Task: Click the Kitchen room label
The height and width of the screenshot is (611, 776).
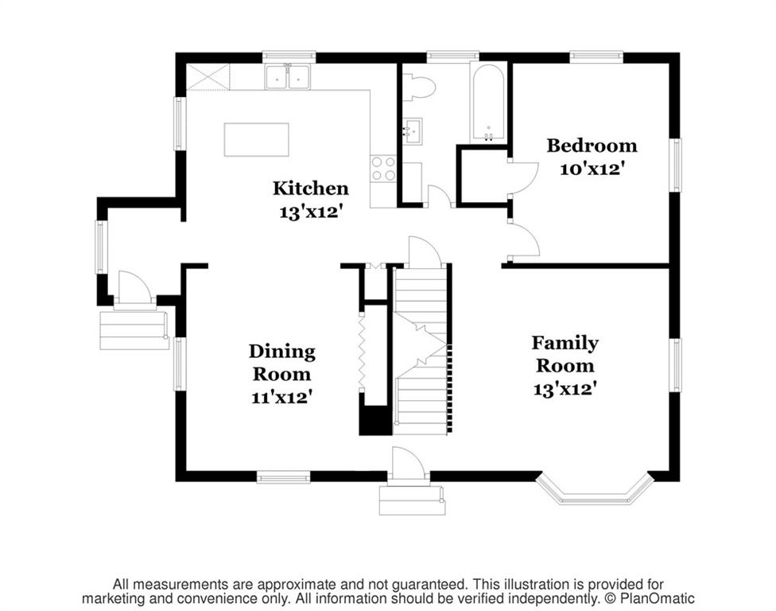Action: point(311,188)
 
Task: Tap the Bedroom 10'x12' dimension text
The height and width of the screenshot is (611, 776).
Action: point(591,169)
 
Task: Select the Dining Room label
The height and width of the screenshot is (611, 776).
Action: point(281,363)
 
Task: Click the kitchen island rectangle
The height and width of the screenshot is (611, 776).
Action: point(256,140)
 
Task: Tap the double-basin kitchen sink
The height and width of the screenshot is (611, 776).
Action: point(288,77)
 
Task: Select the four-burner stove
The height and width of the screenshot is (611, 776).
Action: point(383,169)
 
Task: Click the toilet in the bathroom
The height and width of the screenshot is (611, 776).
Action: point(418,88)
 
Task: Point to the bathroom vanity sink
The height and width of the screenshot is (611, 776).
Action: point(412,131)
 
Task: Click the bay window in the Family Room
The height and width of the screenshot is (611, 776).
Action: point(593,491)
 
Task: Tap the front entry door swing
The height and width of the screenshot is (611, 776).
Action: point(407,464)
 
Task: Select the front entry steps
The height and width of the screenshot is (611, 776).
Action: point(412,500)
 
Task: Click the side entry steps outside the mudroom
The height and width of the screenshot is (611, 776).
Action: point(134,330)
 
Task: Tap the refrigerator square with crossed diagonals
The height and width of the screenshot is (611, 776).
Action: point(208,77)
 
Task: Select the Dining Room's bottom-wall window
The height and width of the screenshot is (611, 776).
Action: point(284,477)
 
